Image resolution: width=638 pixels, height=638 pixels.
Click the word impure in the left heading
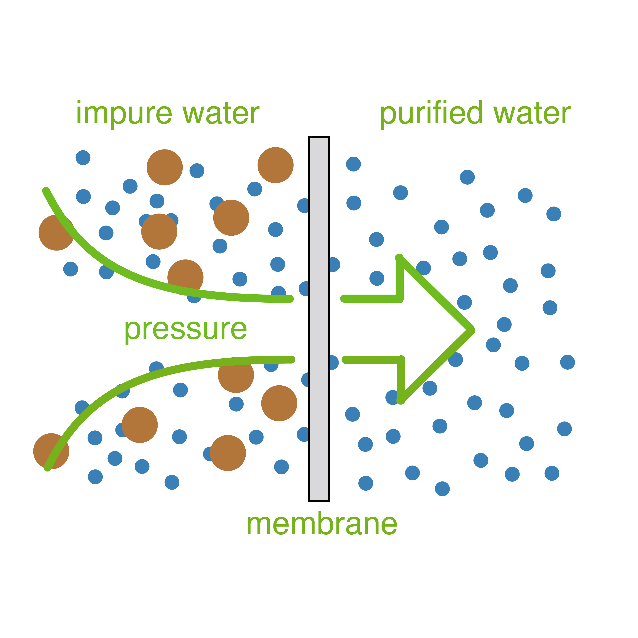coord(124,114)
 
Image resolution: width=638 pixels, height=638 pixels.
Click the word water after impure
coord(221,114)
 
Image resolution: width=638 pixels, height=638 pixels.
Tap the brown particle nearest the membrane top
coord(275,165)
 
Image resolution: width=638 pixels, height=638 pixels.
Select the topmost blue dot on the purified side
coord(353,164)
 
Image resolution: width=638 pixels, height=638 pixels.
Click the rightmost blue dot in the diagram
coord(568,362)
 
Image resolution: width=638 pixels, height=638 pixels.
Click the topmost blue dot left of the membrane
coord(83,158)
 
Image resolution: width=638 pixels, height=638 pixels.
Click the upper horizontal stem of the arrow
coord(370,299)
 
